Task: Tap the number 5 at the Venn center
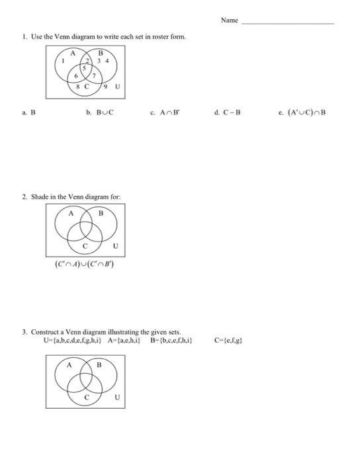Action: (x=85, y=69)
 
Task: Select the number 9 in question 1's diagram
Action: (x=106, y=87)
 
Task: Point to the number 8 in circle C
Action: (x=77, y=87)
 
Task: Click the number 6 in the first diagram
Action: (x=76, y=75)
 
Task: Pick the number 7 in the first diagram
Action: (x=94, y=75)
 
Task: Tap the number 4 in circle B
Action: (x=107, y=61)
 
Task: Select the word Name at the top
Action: (x=229, y=21)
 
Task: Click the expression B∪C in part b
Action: (x=105, y=113)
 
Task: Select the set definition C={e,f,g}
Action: (x=228, y=341)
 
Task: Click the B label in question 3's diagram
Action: (x=100, y=364)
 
